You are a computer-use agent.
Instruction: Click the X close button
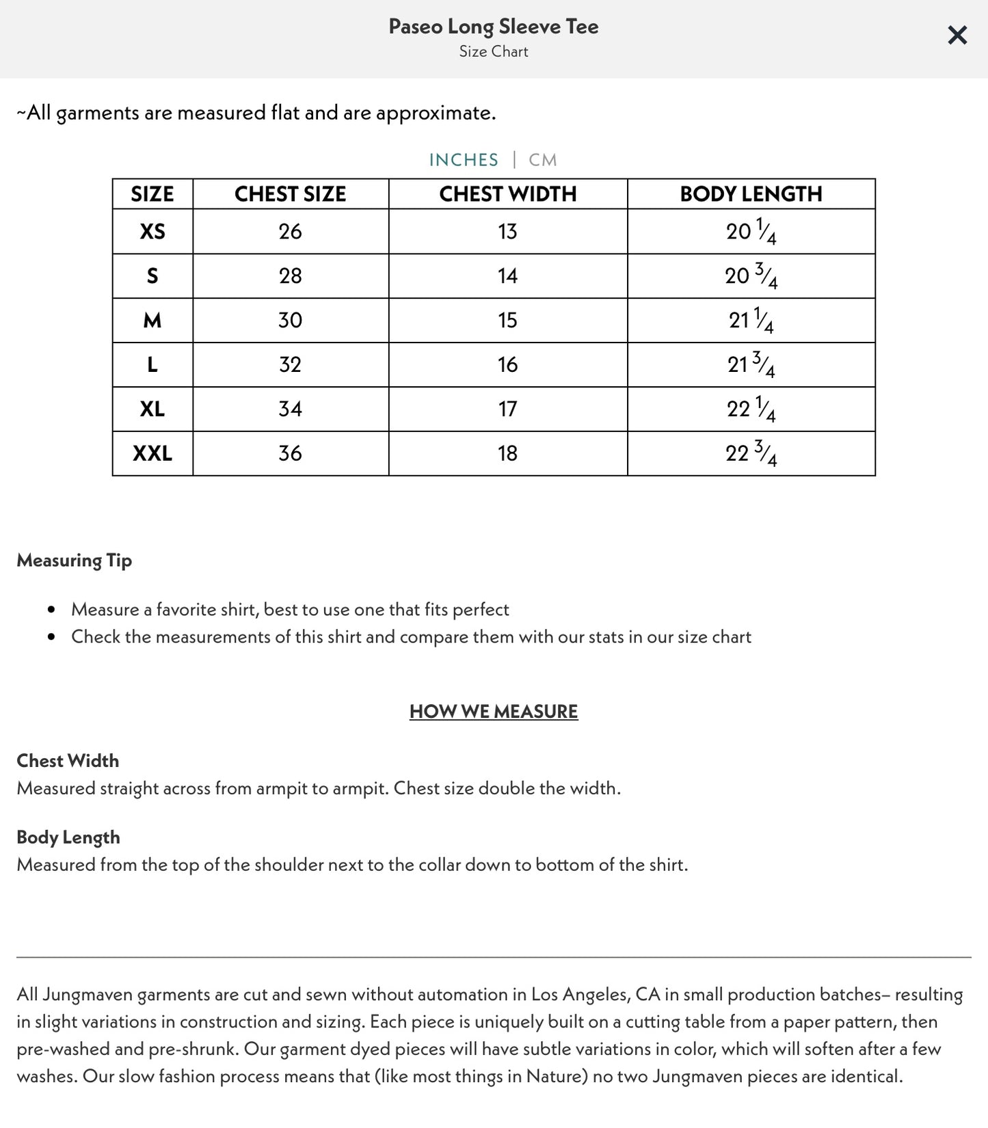[957, 35]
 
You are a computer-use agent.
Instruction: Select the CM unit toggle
[543, 160]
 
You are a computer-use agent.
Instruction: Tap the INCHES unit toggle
[464, 160]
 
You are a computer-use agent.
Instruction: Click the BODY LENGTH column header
[751, 194]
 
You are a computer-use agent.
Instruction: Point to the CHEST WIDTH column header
[507, 194]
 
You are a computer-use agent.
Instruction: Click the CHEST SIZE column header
[290, 194]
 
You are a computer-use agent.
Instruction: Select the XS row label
[152, 232]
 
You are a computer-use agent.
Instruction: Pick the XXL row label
[152, 453]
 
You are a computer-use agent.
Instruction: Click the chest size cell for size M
[290, 321]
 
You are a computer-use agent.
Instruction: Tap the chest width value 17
[507, 409]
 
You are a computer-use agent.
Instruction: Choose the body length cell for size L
[751, 365]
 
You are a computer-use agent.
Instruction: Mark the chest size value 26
[290, 232]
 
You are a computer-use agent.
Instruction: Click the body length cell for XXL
[751, 453]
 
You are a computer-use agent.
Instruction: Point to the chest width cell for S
[507, 276]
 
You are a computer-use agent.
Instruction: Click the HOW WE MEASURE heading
[494, 712]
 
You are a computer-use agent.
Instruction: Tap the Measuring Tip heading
[74, 561]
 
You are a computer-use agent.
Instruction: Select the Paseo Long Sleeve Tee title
[494, 27]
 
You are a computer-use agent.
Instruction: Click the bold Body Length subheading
[68, 837]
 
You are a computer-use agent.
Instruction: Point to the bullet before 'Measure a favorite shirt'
[51, 610]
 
